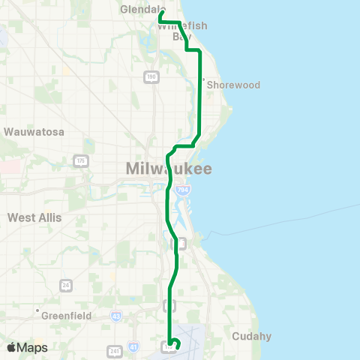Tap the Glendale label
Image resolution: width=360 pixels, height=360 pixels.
point(139,10)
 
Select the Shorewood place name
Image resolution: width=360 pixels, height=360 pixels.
point(233,85)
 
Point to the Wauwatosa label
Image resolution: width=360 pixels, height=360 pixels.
point(34,131)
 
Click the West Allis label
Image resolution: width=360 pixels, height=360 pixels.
point(34,217)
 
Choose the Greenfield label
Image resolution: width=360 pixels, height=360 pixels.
point(67,316)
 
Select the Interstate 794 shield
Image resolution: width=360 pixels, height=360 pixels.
point(181,191)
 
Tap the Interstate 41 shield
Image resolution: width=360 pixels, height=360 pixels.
point(133,347)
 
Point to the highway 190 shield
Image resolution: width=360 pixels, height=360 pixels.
point(151,76)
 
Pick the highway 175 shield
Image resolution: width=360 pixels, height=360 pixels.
point(81,161)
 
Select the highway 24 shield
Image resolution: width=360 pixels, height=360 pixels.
point(67,285)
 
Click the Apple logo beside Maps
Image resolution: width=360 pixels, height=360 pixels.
point(12,347)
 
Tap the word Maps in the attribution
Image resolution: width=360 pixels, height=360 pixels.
point(33,348)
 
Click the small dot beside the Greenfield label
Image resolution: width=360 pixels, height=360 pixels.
point(36,310)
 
